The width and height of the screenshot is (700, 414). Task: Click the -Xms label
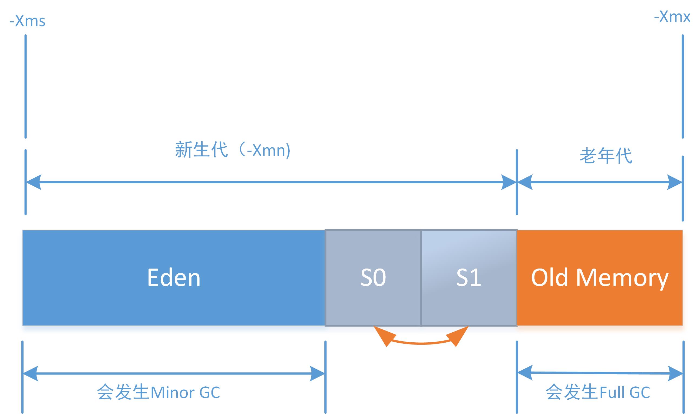pyautogui.click(x=27, y=21)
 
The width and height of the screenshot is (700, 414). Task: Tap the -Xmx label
pyautogui.click(x=672, y=17)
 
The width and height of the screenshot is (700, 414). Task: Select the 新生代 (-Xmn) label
pyautogui.click(x=232, y=150)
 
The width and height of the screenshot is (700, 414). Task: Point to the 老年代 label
pyautogui.click(x=606, y=156)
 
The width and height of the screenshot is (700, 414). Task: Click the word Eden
pyautogui.click(x=174, y=278)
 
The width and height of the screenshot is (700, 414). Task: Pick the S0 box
pyautogui.click(x=373, y=278)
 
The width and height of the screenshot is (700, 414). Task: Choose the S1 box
pyautogui.click(x=469, y=278)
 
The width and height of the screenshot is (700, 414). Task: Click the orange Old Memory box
pyautogui.click(x=600, y=278)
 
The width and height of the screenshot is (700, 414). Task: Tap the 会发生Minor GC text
pyautogui.click(x=159, y=392)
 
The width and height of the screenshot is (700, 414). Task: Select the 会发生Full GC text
pyautogui.click(x=597, y=392)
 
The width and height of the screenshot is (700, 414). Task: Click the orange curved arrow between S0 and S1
pyautogui.click(x=421, y=343)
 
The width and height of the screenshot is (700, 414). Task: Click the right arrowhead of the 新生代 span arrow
pyautogui.click(x=508, y=182)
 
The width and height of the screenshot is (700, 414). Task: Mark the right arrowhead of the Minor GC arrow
pyautogui.click(x=317, y=373)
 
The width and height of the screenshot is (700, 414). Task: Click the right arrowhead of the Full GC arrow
pyautogui.click(x=675, y=373)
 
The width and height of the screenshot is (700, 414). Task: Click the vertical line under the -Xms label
pyautogui.click(x=26, y=87)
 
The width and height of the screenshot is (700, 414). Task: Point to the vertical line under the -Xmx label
pyautogui.click(x=683, y=87)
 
